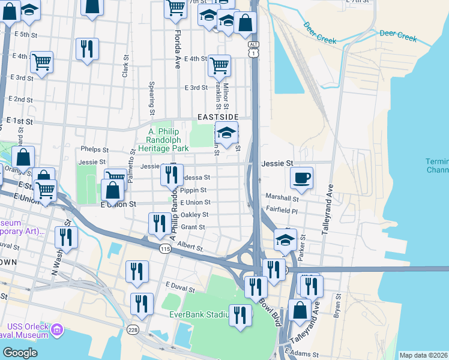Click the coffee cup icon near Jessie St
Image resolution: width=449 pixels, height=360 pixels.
[x=301, y=178]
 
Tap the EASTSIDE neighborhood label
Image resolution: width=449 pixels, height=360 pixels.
[x=219, y=116]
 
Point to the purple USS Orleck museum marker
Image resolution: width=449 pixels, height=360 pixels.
[x=57, y=329]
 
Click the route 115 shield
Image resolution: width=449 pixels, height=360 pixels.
[x=166, y=248]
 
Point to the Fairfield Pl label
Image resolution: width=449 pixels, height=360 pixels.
[x=282, y=210]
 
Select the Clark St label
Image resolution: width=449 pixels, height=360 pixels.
[x=125, y=67]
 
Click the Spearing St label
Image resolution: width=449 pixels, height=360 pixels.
[x=152, y=99]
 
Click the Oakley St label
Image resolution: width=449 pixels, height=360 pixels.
[x=194, y=215]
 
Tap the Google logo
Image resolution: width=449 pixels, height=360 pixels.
[x=20, y=353]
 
